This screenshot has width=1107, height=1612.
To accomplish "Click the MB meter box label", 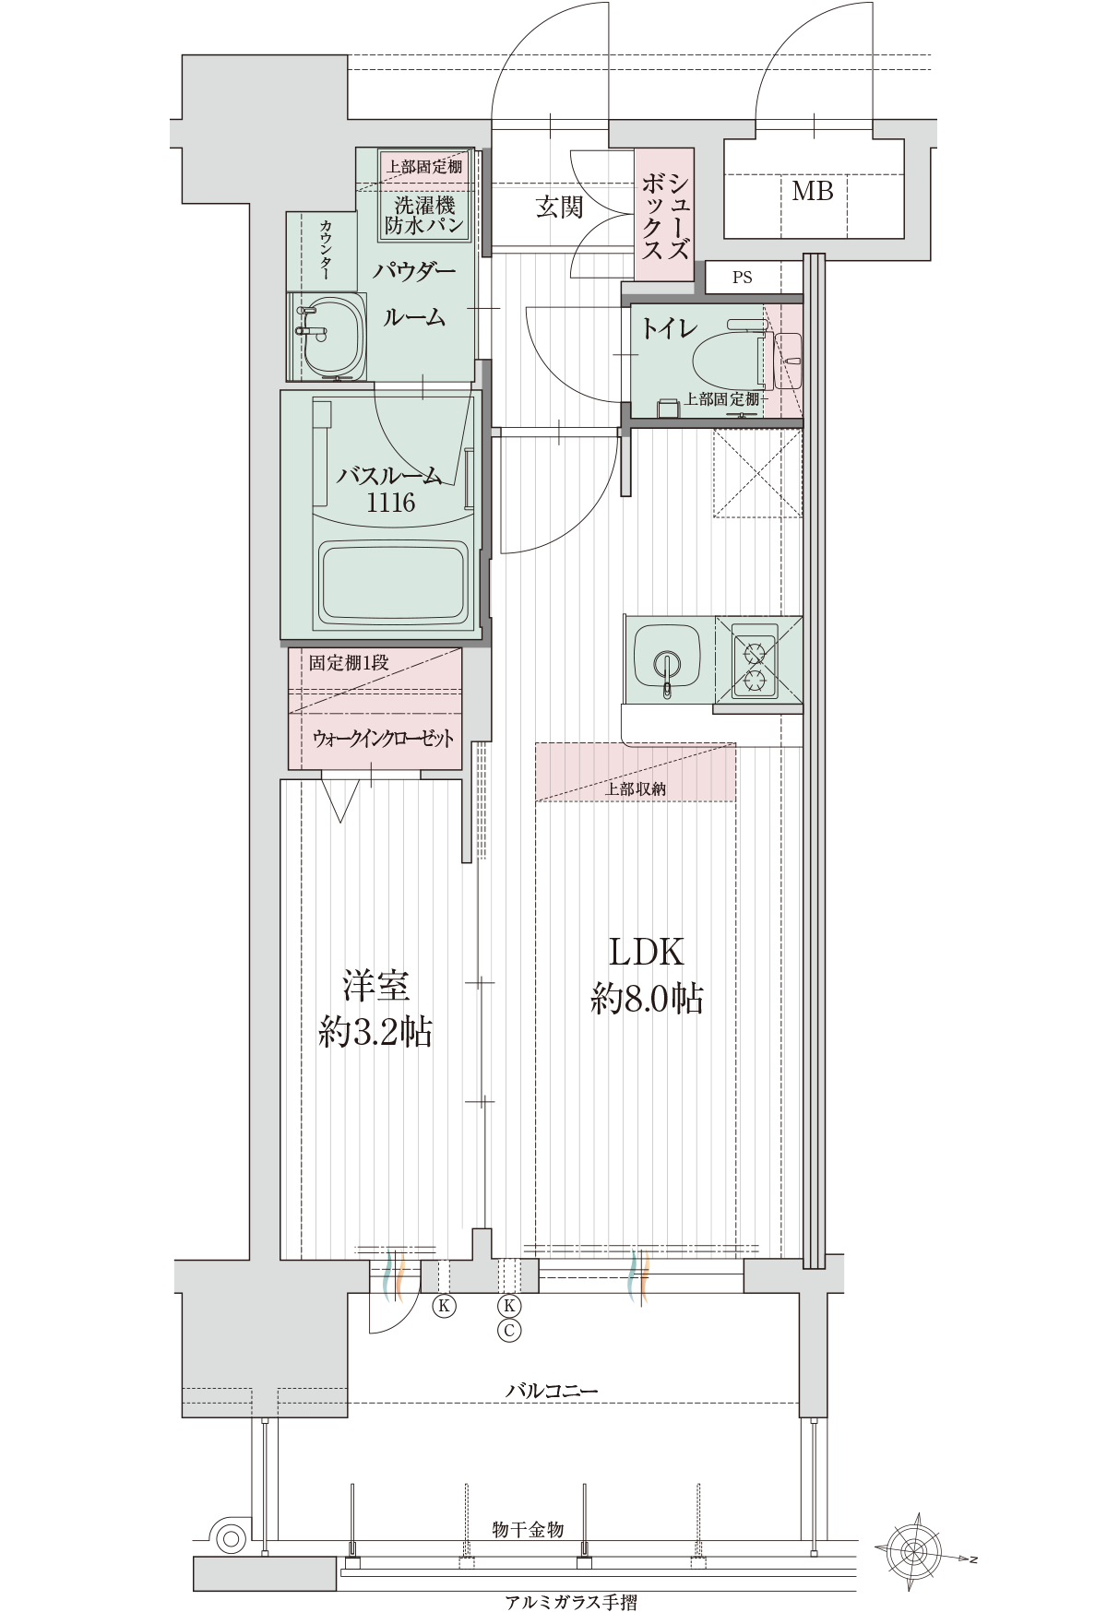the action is [813, 191].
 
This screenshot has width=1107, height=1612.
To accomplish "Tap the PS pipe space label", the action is [742, 277].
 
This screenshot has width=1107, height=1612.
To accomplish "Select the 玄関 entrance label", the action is [559, 206].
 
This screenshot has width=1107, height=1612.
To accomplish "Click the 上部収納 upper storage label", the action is [636, 788].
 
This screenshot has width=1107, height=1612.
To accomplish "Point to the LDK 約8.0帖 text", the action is [647, 974].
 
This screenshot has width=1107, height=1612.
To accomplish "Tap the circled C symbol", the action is [508, 1330].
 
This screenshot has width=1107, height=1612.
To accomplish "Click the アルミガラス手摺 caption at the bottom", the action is [571, 1602].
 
